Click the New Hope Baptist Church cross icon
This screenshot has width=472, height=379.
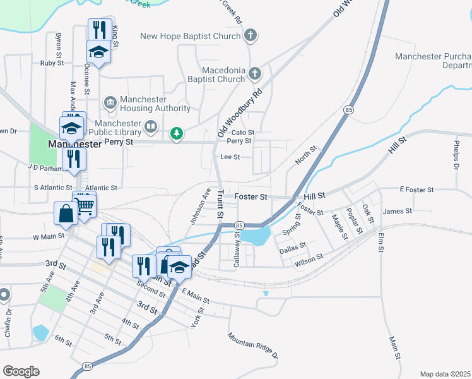[x=251, y=35]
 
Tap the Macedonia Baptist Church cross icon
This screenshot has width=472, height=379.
[x=255, y=74]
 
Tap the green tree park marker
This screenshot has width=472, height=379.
[x=178, y=133]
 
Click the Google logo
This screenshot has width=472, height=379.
[x=21, y=371]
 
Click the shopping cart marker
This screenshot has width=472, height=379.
[x=85, y=203]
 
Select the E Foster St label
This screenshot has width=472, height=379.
[x=416, y=189]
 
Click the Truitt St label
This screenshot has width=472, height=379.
[x=220, y=205]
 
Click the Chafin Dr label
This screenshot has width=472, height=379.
[x=8, y=322]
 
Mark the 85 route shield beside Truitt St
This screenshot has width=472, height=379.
[x=239, y=226]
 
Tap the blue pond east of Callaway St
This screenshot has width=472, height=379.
[x=256, y=237]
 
